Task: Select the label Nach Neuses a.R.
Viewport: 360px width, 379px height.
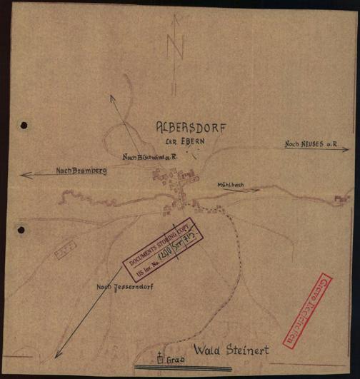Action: coord(311,145)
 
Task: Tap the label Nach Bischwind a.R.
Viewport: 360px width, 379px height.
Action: coord(149,156)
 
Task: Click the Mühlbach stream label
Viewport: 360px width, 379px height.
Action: coord(231,185)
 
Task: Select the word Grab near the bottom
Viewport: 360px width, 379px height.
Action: coord(176,360)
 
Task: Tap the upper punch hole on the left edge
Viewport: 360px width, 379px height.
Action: coord(24,125)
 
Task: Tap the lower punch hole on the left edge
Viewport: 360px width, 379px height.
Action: coord(21,230)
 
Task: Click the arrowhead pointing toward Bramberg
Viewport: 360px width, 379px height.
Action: coord(24,174)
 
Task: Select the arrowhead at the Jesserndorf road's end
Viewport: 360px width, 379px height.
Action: coord(56,355)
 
